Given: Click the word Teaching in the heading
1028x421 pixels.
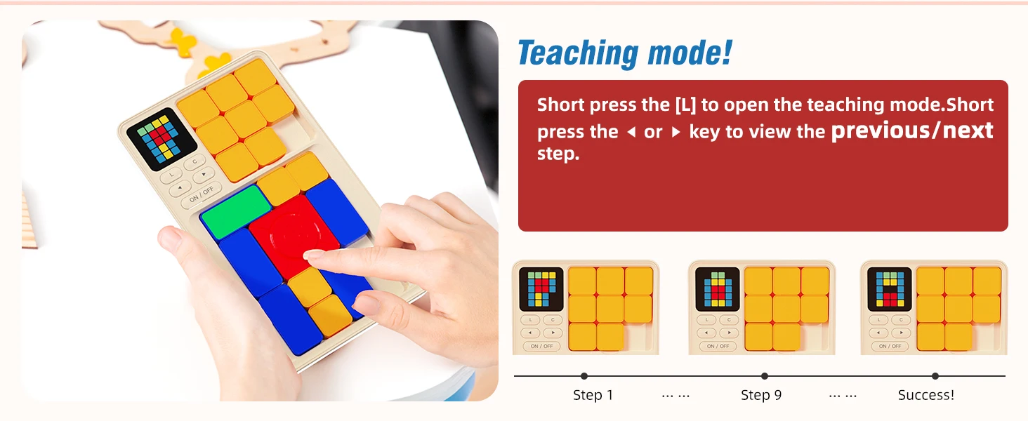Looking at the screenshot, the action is pos(578,53).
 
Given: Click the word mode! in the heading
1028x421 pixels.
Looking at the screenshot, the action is pos(690,53).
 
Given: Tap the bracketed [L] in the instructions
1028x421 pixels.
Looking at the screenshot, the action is pos(685,105).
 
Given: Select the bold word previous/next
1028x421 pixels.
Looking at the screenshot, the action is pos(912,131).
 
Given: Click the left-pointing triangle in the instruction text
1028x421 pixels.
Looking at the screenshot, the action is pos(631,133).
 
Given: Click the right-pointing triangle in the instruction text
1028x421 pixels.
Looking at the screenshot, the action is pos(676,133).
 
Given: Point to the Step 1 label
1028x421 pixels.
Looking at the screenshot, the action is pos(593,395).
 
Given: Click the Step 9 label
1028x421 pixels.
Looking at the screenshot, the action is pos(761,395).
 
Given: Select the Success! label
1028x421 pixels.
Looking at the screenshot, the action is pos(926,395).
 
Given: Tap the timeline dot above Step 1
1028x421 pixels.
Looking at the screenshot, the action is pos(584,376).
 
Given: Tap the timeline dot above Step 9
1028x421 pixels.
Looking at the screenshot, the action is pos(765,376).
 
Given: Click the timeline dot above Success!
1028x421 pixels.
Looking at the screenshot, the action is pos(935,376).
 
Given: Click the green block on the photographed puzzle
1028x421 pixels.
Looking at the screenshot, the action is pos(236,211).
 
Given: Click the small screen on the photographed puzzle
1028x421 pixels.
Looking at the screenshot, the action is pos(162,139).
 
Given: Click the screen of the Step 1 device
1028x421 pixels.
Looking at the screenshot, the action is pos(541,289).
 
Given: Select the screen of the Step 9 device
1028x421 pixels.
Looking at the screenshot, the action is pos(718,289).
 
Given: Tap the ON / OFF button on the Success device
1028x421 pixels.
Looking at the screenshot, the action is pos(890,346).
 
